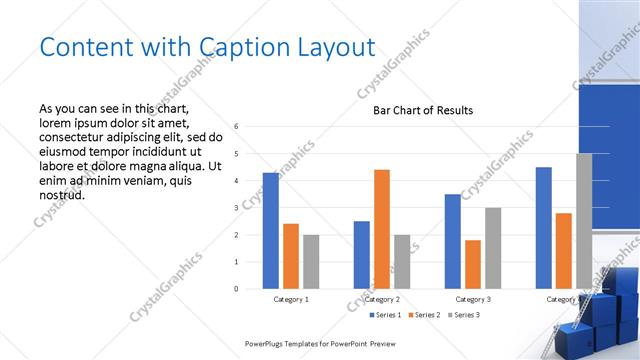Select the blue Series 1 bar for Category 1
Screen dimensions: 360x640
point(270,231)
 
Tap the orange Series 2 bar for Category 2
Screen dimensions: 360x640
point(381,229)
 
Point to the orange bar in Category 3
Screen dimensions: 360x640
point(472,264)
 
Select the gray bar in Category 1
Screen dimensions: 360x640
point(311,262)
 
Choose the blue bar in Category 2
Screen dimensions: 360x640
point(361,255)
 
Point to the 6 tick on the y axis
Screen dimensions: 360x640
point(236,127)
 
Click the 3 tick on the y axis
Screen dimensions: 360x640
point(236,208)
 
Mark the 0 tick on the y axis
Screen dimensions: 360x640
point(236,289)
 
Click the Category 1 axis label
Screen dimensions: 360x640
point(291,299)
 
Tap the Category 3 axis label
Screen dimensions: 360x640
point(472,299)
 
